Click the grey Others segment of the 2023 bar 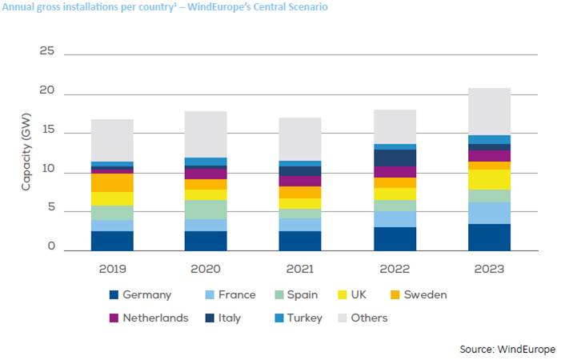pos(489,111)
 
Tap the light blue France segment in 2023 pos(489,213)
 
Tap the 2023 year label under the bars pos(489,270)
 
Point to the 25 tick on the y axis pos(46,52)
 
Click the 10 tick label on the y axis pos(46,170)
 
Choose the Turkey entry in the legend pos(305,318)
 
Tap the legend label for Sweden pos(426,295)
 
